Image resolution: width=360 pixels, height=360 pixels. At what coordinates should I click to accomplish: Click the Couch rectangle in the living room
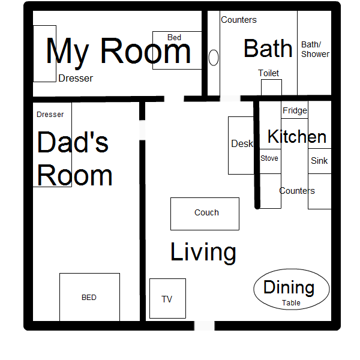tap(205, 214)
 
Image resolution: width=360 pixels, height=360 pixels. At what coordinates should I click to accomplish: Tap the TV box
tap(167, 298)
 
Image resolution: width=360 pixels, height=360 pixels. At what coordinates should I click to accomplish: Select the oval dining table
tap(292, 289)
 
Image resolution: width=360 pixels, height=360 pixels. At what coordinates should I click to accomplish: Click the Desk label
tap(242, 144)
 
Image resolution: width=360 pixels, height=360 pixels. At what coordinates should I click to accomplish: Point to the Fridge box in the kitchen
tap(295, 110)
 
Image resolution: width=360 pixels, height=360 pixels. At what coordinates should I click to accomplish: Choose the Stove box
tap(270, 161)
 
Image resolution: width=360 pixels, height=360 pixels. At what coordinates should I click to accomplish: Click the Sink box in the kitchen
tap(320, 161)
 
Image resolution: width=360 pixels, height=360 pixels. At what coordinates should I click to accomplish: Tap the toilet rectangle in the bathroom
tap(271, 87)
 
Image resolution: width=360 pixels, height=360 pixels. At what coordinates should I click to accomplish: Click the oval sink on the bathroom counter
tap(214, 58)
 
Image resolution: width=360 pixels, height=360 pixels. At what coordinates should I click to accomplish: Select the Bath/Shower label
tap(315, 49)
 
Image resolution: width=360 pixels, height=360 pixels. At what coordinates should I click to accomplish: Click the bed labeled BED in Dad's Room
tap(89, 297)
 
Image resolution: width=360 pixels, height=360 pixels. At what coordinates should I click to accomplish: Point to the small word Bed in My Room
tap(174, 37)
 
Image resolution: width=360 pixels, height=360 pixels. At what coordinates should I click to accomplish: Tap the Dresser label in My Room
tap(76, 79)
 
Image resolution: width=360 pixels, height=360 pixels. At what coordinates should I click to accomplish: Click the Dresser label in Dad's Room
tap(50, 115)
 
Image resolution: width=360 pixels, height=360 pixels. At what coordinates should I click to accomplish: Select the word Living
tap(203, 252)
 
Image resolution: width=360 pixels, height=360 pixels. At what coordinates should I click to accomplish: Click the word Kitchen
tap(297, 136)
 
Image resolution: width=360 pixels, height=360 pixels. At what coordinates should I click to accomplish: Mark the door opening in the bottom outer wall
tap(205, 326)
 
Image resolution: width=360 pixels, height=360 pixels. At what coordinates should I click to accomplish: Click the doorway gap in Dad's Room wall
tap(142, 130)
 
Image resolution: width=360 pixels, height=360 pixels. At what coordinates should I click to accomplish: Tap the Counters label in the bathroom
tap(239, 20)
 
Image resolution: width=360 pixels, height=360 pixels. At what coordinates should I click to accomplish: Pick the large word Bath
tap(268, 49)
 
